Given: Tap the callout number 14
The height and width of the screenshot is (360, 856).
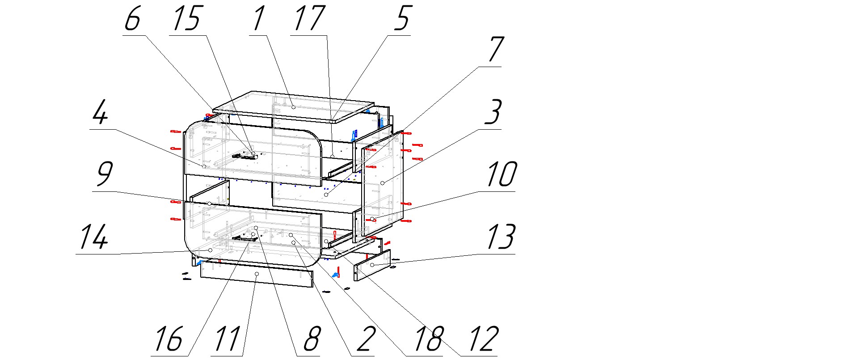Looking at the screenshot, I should tap(93, 237).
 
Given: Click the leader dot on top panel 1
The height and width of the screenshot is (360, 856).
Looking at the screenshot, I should tap(293, 107).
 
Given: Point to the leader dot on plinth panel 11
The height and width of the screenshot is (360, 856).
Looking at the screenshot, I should tap(257, 273).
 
